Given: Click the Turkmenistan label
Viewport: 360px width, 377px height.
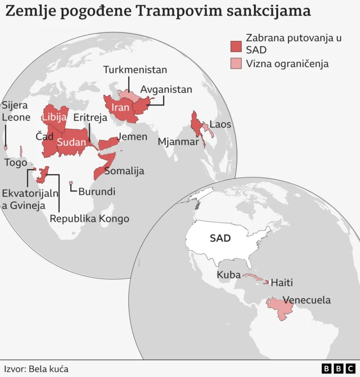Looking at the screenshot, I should coord(135,70).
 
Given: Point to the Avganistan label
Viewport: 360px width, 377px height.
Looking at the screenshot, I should coord(166,89).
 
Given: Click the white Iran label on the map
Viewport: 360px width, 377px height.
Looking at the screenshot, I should coord(121,107).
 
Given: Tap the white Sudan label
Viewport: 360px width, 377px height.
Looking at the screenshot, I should coord(71,142).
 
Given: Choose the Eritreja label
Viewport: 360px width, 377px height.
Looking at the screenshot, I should coord(91,117).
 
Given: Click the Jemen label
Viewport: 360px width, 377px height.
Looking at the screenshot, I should coord(132,137).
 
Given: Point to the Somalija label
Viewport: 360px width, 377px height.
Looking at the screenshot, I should coord(124,171).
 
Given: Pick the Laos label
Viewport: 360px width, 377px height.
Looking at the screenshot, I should coord(220,125).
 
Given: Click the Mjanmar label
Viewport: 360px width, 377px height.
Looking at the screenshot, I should coord(178,142).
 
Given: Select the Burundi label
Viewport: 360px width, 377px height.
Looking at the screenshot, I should coord(97,192).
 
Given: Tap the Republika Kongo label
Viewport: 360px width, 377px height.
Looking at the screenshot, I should coord(89,219).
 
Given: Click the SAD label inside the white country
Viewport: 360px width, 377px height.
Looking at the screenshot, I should coord(220,238).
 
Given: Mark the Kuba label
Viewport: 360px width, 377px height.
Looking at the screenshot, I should coord(228,275).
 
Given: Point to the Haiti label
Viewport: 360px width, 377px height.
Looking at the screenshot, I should coord(282,283).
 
